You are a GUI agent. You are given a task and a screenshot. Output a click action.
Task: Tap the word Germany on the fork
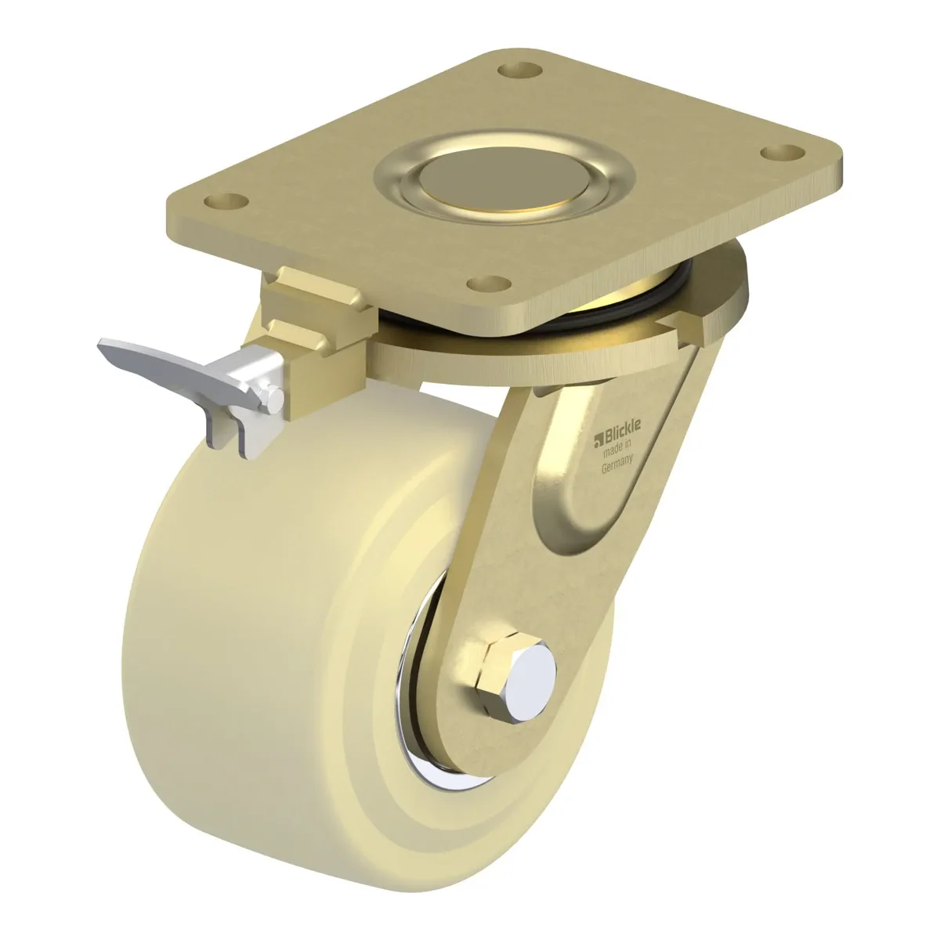point(617,464)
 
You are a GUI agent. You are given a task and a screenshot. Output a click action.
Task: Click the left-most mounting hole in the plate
point(226,201)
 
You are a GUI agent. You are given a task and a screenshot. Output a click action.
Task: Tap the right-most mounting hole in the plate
point(783,152)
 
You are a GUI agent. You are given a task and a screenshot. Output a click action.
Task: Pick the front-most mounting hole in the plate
point(488,283)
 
